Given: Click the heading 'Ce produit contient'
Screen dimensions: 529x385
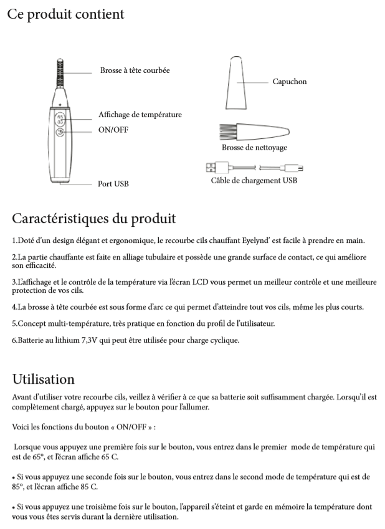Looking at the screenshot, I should point(65,14).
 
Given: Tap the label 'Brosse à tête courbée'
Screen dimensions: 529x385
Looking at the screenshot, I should point(135,70).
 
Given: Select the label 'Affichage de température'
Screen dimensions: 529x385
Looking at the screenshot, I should point(140,115).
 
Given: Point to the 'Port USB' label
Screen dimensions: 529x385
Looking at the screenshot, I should point(113,184).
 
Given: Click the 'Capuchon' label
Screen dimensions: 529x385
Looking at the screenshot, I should point(290,82).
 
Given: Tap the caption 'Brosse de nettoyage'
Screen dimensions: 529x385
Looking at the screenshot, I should point(254,148).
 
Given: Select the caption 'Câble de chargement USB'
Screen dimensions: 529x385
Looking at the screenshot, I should point(254,181).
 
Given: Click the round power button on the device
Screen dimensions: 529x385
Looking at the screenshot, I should point(60,132).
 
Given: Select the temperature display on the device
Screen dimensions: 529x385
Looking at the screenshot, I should point(60,118).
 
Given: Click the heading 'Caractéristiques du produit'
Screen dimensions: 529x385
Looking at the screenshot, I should point(94,219).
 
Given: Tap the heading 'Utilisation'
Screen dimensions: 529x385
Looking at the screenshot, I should point(44,379).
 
